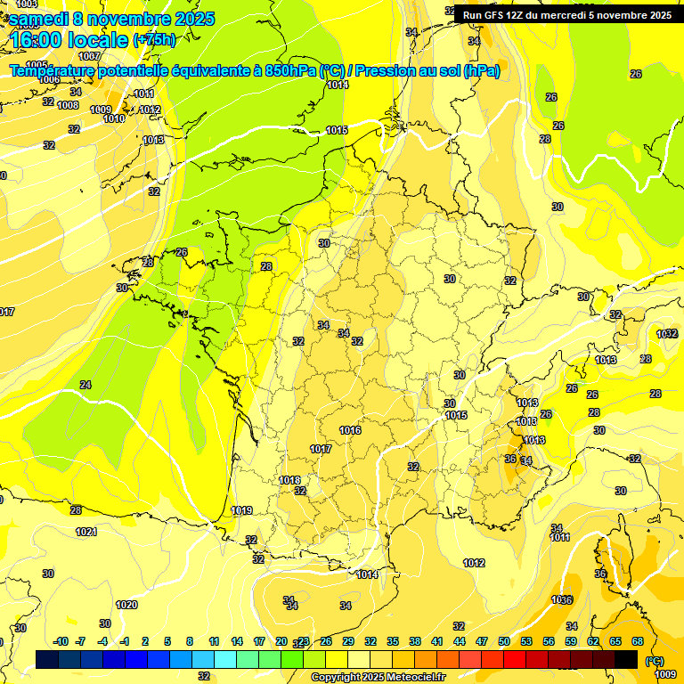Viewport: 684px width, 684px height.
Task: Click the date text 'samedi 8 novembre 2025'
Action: (x=111, y=19)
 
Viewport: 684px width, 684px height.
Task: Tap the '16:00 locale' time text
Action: (x=70, y=39)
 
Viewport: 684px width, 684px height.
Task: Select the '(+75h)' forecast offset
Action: (x=154, y=39)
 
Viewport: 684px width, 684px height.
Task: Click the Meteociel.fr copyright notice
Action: (x=377, y=677)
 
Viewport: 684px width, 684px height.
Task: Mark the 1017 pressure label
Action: (x=321, y=449)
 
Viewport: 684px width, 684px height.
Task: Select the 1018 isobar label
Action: (x=289, y=480)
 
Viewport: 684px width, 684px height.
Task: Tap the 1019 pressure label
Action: (x=241, y=510)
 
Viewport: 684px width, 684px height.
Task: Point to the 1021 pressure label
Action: (x=86, y=532)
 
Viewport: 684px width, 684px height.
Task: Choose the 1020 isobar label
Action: (x=126, y=605)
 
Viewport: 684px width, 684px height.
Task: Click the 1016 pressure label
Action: (x=350, y=430)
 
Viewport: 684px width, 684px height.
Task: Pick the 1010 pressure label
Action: (x=114, y=118)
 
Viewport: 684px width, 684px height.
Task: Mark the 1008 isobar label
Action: (x=68, y=105)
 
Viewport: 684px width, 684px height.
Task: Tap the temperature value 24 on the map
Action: (x=85, y=385)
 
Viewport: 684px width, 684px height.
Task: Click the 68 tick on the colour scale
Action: (x=638, y=641)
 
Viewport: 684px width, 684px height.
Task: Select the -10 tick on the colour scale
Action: (x=61, y=641)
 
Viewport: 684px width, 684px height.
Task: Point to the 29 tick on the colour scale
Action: (x=348, y=641)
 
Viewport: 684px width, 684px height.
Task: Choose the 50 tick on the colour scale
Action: (x=504, y=641)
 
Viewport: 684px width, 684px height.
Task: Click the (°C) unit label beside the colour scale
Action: (x=655, y=660)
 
